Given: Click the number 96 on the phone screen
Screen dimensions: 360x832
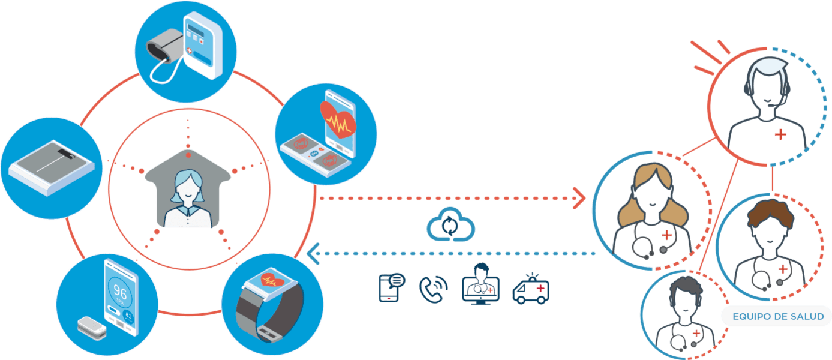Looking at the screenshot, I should tap(119, 293).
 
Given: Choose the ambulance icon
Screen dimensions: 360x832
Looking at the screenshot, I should tap(531, 289).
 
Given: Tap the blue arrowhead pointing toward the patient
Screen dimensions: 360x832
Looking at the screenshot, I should tap(313, 254).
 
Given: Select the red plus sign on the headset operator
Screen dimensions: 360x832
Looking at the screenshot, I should tap(780, 134).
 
